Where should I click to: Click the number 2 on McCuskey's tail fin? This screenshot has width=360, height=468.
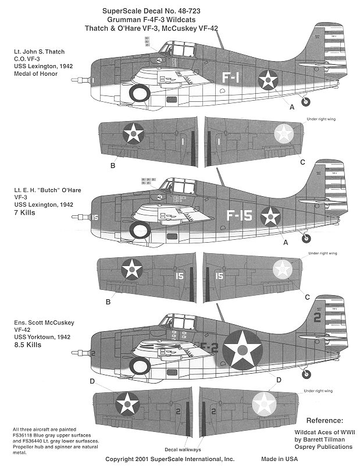click(318, 317)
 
